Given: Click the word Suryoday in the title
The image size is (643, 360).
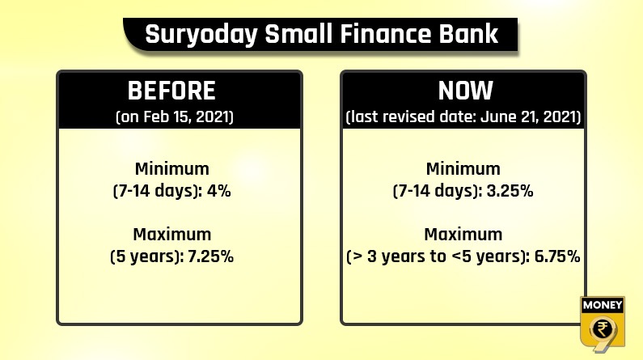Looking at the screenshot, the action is [201, 35].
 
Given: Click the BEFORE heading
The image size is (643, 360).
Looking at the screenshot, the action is [171, 91].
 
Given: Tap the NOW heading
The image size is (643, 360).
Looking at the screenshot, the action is [465, 91].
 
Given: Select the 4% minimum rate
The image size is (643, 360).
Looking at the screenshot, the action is [219, 191].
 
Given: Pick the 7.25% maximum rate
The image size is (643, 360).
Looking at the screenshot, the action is [211, 256].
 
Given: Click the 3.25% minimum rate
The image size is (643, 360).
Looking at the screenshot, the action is [510, 191].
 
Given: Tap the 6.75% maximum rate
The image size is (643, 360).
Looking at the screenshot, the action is [557, 256].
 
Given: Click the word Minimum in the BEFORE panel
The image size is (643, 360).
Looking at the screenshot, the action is [171, 168].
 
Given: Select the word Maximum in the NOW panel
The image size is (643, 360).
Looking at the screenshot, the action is [463, 234].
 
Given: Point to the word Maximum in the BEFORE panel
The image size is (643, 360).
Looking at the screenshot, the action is [171, 234].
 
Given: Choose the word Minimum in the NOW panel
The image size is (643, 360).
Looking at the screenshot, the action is [463, 168].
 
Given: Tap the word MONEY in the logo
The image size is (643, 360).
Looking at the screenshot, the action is [603, 305].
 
